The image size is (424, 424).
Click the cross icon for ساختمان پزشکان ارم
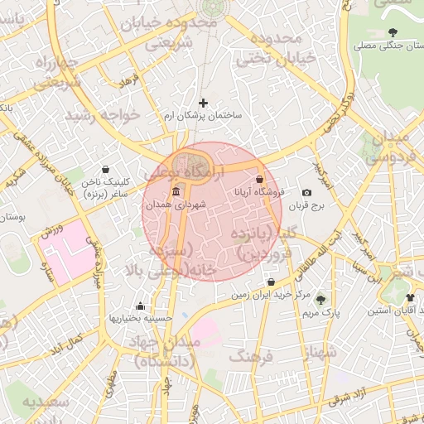(204, 103)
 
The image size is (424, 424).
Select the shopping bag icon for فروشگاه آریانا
(259, 179)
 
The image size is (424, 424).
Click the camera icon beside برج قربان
(307, 192)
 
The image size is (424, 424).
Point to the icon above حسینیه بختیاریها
(140, 306)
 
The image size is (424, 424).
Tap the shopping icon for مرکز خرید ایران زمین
(269, 282)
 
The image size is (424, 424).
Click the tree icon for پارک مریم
(320, 299)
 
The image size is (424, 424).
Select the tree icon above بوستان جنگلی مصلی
(392, 32)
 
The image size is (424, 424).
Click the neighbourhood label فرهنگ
(253, 357)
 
